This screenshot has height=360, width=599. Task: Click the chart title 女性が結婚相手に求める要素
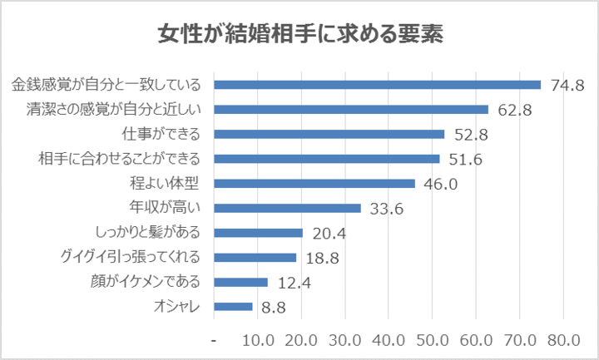(x=299, y=36)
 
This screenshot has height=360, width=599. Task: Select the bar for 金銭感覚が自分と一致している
(x=378, y=85)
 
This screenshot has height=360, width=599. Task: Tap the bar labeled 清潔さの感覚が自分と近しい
(x=351, y=109)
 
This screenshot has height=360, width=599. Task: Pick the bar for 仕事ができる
(x=329, y=134)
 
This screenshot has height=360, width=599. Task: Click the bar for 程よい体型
(x=314, y=184)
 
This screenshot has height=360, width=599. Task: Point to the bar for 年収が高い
(x=288, y=208)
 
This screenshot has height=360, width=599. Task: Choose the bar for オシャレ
(x=234, y=307)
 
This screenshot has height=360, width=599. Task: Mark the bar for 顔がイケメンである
(x=241, y=283)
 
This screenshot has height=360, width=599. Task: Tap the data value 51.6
(x=465, y=159)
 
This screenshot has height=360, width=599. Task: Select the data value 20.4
(x=329, y=234)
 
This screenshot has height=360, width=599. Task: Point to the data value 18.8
(x=322, y=258)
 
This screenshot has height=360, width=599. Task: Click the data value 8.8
(x=275, y=308)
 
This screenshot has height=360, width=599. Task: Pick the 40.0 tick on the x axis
(x=389, y=340)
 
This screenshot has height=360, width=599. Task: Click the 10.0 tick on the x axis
(x=258, y=340)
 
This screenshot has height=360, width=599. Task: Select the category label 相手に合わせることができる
(x=121, y=159)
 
